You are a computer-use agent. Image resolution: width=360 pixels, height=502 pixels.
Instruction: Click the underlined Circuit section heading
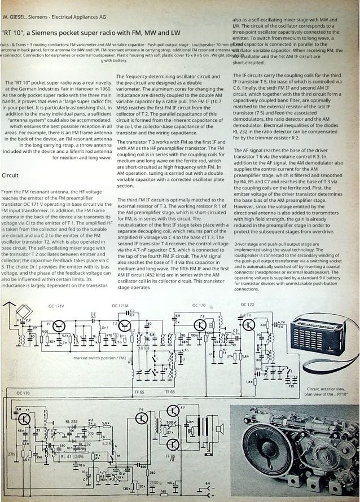(x=10, y=175)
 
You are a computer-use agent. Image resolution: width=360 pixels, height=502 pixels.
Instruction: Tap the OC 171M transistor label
(x=121, y=305)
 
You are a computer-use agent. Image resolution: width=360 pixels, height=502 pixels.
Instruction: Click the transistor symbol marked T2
(x=125, y=326)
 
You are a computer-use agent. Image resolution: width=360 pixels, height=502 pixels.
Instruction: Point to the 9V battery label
(x=207, y=484)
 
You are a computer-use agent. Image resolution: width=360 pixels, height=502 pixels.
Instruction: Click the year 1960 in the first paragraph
(x=99, y=89)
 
